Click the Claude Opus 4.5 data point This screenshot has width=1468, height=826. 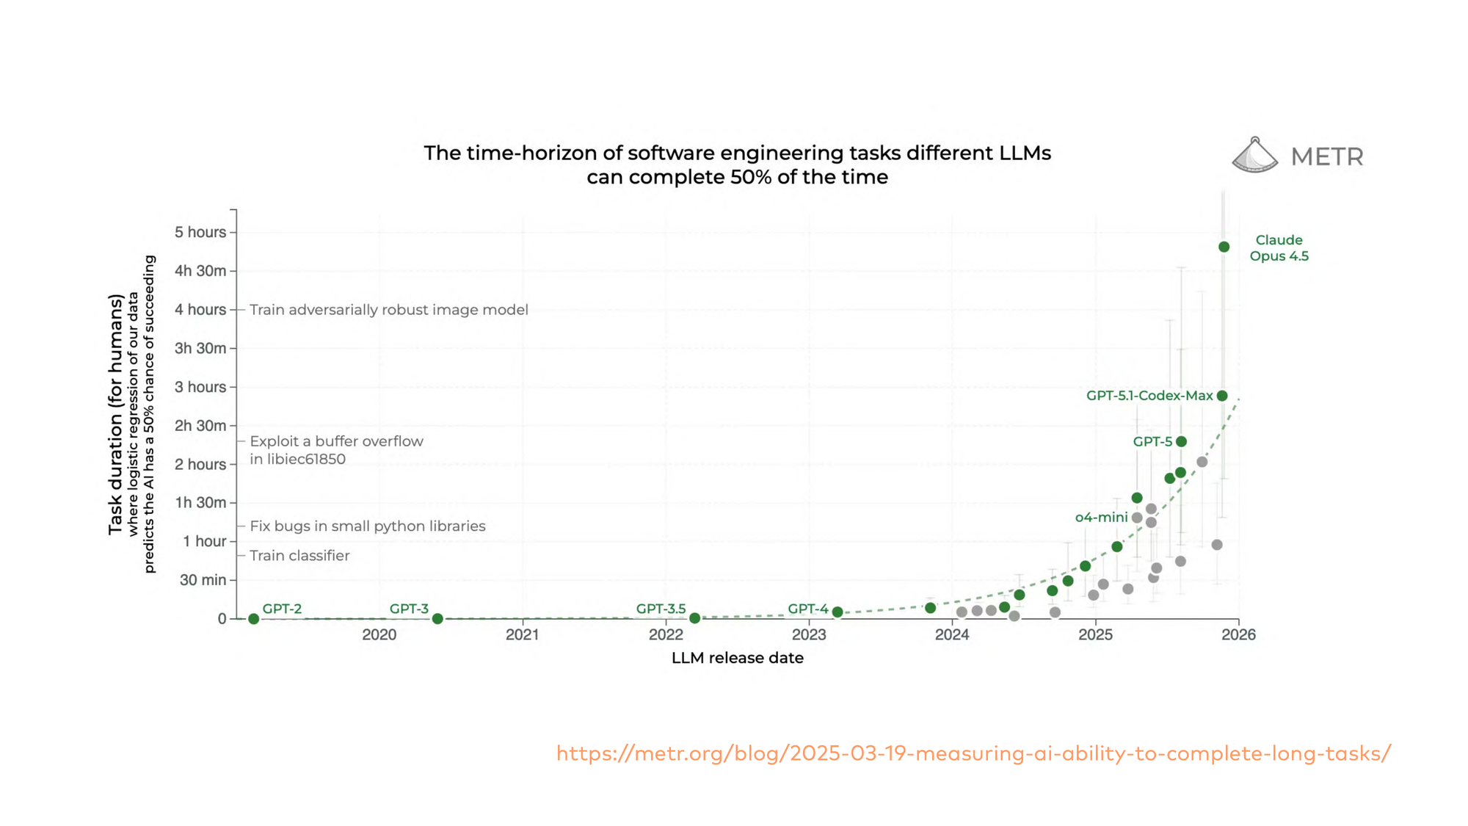[1224, 247]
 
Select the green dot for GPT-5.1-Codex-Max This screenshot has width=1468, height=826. [1222, 396]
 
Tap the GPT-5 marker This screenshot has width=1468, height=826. [1181, 442]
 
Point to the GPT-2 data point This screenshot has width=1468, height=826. [254, 619]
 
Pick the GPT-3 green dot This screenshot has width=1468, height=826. [437, 619]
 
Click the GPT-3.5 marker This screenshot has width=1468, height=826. [694, 618]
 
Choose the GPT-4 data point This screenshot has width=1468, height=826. [837, 612]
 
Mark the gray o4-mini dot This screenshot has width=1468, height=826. [1137, 518]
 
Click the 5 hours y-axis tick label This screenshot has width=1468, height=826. [200, 233]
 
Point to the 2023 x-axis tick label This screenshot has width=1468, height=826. [809, 635]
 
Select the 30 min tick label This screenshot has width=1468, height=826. [203, 580]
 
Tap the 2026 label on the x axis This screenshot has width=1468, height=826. [1238, 635]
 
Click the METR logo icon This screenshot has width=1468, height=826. [1254, 156]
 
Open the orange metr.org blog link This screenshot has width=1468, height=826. [973, 754]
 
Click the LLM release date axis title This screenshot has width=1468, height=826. [737, 659]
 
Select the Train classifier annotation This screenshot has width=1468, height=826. [299, 556]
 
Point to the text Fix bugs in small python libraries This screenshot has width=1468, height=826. [367, 526]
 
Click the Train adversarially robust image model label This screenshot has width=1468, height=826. [388, 310]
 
